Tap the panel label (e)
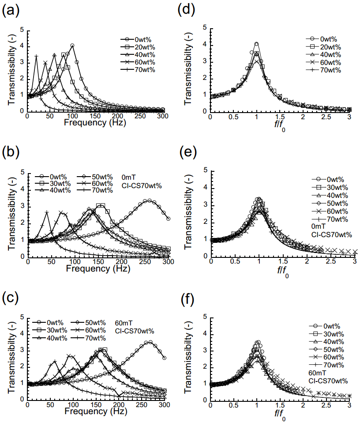tap(191, 152)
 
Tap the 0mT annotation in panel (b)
tap(128, 176)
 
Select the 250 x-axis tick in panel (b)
tap(121, 261)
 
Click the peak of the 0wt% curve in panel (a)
tap(72, 45)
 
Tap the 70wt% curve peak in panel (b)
tap(46, 212)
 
